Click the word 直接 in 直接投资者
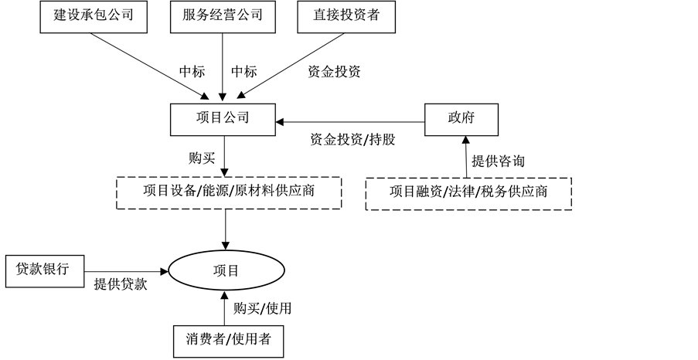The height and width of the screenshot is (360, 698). coord(322,15)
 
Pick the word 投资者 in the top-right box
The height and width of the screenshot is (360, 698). coord(358,15)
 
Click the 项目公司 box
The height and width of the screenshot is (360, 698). coord(223,118)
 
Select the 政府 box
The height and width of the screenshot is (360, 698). coord(461,118)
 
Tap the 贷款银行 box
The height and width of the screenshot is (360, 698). coord(43,269)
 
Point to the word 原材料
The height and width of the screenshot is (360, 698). coord(252,191)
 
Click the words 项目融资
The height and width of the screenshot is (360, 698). coord(416,192)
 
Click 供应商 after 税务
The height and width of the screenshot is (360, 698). coord(527,192)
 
